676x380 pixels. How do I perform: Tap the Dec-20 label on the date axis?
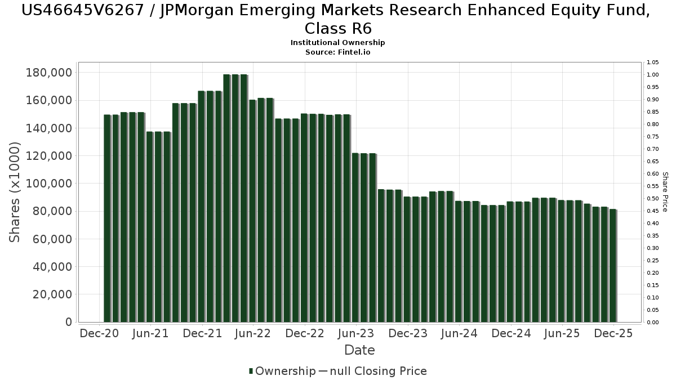99,333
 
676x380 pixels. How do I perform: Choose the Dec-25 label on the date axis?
613,333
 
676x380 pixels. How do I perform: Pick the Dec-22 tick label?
305,333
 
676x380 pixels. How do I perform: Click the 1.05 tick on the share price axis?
653,62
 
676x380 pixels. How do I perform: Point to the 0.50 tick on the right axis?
653,199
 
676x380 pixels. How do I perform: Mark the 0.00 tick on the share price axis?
653,323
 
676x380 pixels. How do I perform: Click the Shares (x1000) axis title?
15,192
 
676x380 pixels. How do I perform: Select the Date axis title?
359,350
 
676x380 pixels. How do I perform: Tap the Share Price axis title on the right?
665,192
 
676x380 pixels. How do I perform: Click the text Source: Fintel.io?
337,52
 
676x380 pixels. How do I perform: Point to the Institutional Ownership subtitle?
337,43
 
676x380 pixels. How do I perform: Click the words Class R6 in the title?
337,28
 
